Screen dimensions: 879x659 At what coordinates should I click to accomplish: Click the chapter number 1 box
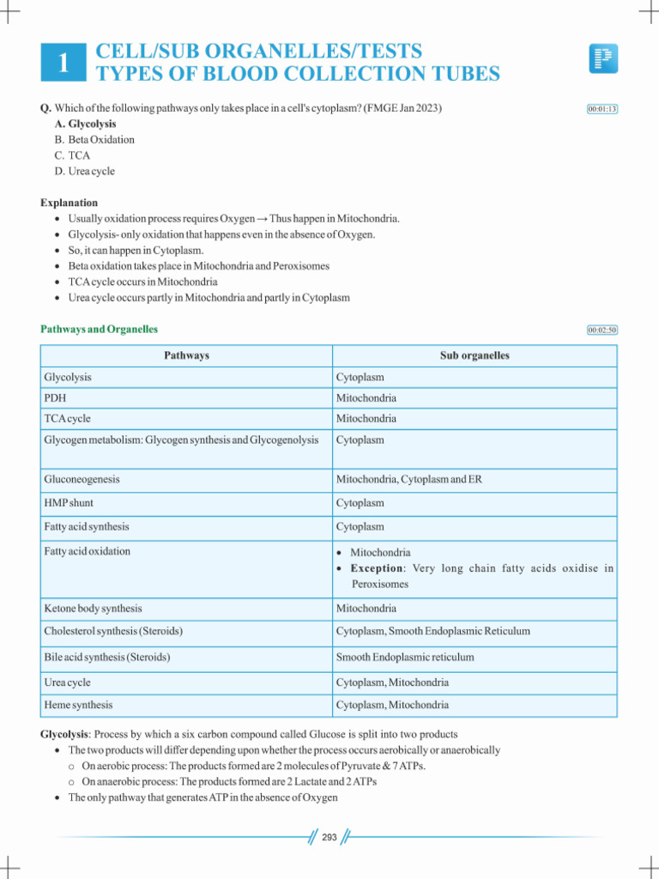[63, 63]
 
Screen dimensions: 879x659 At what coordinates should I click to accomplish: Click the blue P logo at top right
[603, 59]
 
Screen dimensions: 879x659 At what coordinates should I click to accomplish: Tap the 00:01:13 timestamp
[602, 109]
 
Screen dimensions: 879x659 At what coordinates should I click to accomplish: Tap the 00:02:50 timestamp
[602, 330]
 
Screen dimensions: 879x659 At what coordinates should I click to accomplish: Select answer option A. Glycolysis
[85, 124]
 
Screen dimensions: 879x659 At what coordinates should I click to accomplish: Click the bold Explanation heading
[70, 203]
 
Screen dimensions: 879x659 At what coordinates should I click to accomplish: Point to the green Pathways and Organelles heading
[99, 329]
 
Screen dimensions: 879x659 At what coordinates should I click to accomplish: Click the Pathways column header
[186, 355]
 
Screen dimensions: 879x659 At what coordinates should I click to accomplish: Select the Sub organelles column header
[475, 355]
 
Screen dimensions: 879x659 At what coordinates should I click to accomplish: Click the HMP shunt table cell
[70, 503]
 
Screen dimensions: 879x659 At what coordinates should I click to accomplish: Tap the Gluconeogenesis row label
[82, 479]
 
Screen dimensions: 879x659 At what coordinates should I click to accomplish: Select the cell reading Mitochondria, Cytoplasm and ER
[408, 479]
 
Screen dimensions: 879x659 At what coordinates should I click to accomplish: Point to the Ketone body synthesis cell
[93, 608]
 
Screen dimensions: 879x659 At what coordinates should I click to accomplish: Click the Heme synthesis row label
[78, 705]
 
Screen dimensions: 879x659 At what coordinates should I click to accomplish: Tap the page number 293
[329, 838]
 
